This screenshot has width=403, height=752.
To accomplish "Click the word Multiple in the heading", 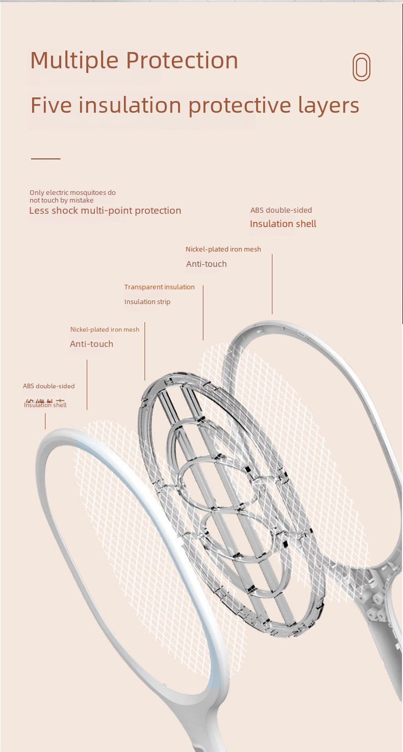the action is tap(74, 61).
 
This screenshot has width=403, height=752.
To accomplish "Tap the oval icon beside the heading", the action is tap(361, 67).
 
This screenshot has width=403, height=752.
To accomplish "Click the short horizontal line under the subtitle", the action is tap(45, 159).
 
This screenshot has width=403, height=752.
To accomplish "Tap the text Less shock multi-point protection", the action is tap(105, 211).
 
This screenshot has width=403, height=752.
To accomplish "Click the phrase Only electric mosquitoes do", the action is tap(72, 192).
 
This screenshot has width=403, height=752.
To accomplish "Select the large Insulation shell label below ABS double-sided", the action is tap(283, 224).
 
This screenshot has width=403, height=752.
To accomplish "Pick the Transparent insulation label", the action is tap(160, 287).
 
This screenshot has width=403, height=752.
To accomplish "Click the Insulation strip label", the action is tap(147, 302).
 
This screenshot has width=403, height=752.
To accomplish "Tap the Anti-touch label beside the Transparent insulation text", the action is tap(207, 264).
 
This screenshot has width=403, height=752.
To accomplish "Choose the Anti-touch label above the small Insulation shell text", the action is tap(92, 344).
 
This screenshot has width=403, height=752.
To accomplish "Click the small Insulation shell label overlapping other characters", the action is tap(45, 405).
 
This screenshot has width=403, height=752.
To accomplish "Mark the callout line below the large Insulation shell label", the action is tap(272, 284).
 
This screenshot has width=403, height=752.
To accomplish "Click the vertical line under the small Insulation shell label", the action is tap(45, 421).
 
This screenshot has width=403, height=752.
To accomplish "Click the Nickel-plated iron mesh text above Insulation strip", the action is tap(223, 249).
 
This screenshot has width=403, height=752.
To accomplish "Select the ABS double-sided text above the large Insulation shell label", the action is tap(281, 210).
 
